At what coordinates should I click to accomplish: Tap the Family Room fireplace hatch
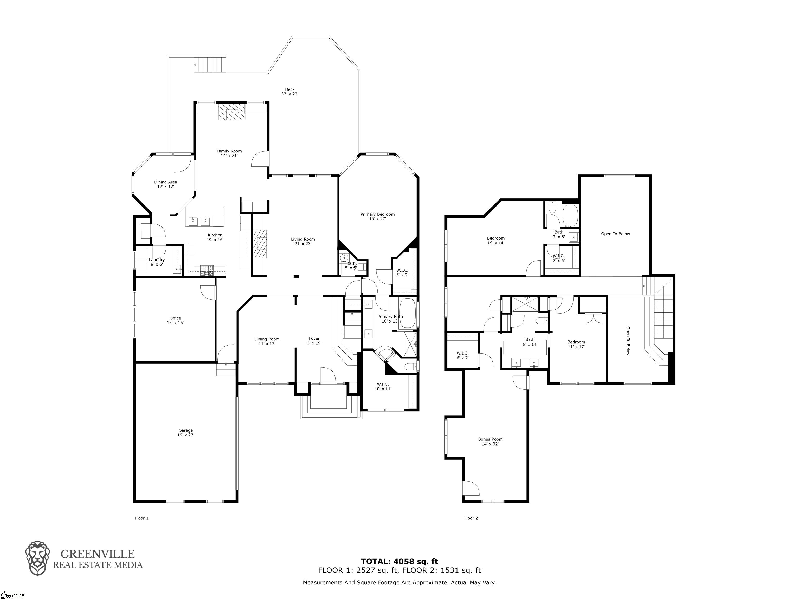[x=231, y=112]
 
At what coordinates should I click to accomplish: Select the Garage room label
[x=186, y=433]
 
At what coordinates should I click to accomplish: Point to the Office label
[x=175, y=320]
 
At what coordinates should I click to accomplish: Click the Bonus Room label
[x=490, y=441]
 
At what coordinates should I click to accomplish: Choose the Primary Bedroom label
[x=377, y=216]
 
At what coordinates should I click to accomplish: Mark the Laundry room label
[x=157, y=262]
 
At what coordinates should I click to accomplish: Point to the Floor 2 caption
[x=471, y=518]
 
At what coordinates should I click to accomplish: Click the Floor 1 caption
[x=141, y=518]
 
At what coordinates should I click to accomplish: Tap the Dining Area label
[x=165, y=184]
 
